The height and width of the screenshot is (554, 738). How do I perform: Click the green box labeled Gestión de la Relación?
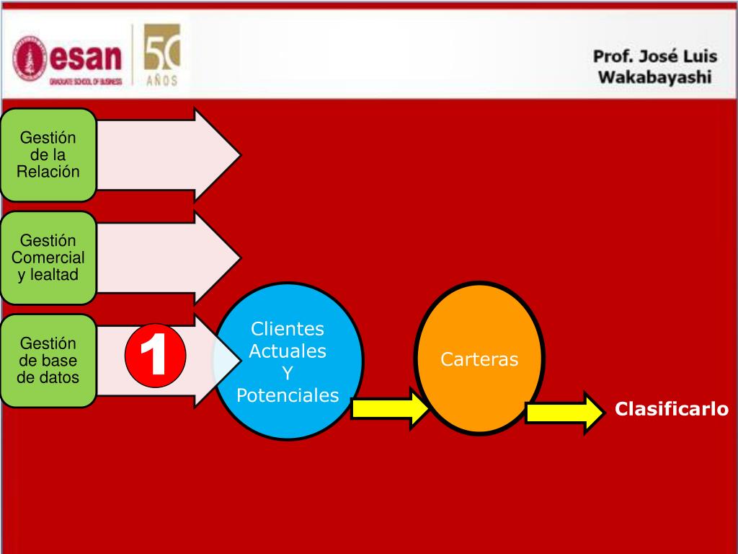48,154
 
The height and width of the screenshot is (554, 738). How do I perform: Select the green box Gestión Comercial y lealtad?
48,258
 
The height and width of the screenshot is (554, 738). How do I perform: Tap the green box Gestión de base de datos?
48,361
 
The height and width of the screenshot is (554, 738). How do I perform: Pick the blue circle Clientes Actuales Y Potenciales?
288,361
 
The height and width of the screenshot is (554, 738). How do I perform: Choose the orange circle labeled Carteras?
479,359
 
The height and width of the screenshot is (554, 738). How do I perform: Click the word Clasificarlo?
672,410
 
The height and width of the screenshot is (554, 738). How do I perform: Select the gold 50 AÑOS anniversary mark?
161,55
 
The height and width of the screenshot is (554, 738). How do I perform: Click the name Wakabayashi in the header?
654,77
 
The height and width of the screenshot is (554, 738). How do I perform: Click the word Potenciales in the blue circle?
288,395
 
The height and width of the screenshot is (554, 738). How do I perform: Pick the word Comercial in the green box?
48,258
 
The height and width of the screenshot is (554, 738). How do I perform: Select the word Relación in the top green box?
48,172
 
